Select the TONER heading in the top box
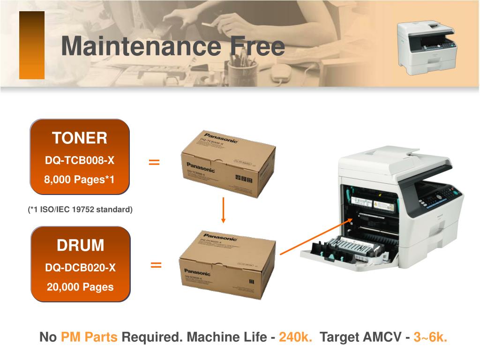(x=80, y=138)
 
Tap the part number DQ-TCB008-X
(x=80, y=161)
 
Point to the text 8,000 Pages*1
(x=80, y=180)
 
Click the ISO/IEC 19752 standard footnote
(x=80, y=210)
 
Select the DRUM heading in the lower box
(x=81, y=245)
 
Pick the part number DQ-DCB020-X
(x=80, y=268)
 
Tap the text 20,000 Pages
(x=80, y=286)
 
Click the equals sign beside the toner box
(x=154, y=162)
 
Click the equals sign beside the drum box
(x=156, y=265)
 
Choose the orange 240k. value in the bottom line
(x=296, y=337)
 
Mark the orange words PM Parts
(x=90, y=337)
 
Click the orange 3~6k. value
(x=430, y=337)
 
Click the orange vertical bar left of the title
(x=32, y=45)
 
